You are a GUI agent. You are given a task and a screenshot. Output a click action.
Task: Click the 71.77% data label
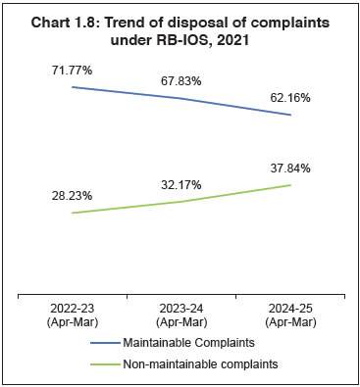73,71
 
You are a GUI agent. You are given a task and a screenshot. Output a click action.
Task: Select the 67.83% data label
181,80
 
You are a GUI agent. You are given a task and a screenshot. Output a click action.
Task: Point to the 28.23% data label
73,195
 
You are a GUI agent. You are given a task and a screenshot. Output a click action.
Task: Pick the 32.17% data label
181,183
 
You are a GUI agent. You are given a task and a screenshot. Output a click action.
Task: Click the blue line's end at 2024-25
290,115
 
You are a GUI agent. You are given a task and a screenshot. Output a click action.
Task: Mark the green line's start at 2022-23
73,213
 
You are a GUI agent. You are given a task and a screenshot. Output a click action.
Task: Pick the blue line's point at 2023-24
181,98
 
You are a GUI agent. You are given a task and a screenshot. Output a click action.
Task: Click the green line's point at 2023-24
181,202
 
